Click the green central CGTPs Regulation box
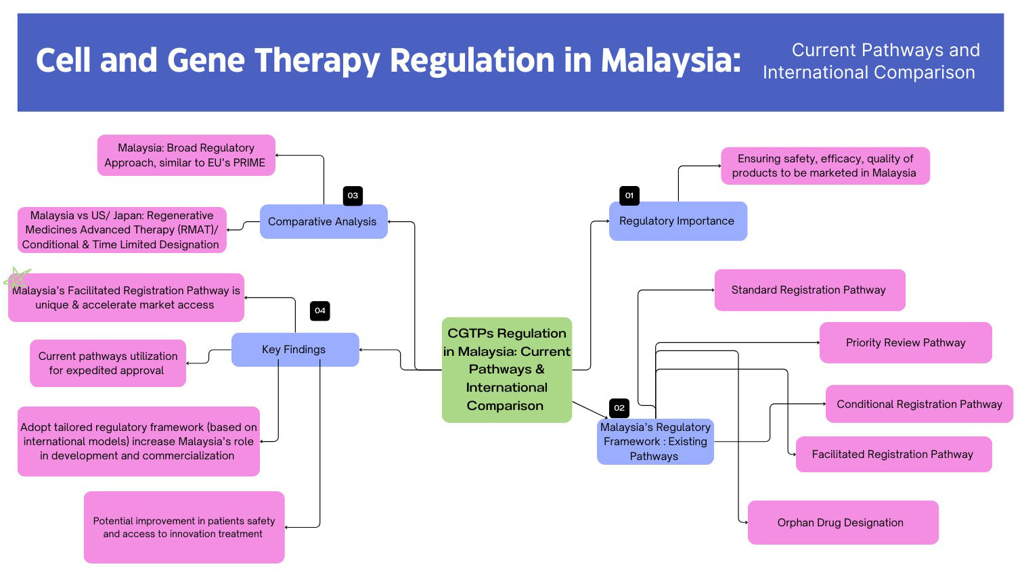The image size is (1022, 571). point(506,369)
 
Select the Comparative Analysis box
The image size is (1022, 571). point(323,221)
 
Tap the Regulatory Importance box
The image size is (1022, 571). point(677,221)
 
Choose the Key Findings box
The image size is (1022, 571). point(294,350)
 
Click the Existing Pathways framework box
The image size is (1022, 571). point(654,442)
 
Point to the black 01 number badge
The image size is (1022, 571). point(629,196)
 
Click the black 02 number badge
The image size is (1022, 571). point(619,408)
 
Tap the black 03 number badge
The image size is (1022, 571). point(353,196)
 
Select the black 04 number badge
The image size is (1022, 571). point(320,311)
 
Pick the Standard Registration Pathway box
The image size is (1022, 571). point(809,290)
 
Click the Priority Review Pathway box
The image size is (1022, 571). point(905,343)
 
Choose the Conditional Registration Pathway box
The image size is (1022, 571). point(918,404)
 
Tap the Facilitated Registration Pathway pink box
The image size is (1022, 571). point(893,455)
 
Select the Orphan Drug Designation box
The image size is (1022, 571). point(842,522)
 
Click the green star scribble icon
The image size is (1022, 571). point(17,277)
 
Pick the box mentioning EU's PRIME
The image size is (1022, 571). point(185,155)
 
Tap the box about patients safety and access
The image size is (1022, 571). point(184,527)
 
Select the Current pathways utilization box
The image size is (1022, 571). point(108,363)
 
